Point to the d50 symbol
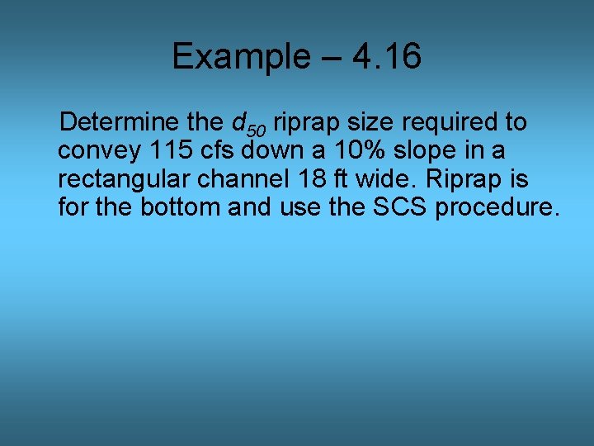[248, 125]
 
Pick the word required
[451, 123]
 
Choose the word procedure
[497, 206]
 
